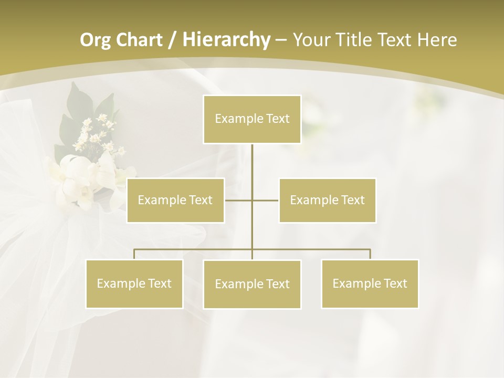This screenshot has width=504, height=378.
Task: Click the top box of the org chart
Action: pyautogui.click(x=252, y=119)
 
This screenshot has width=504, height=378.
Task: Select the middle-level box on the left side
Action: pyautogui.click(x=175, y=200)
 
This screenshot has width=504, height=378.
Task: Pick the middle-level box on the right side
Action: pyautogui.click(x=327, y=200)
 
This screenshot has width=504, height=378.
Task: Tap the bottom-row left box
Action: pyautogui.click(x=134, y=283)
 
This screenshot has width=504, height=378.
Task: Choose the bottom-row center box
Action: pyautogui.click(x=252, y=284)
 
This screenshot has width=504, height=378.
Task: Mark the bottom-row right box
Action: pyautogui.click(x=370, y=283)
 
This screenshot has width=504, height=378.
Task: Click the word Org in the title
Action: pyautogui.click(x=94, y=40)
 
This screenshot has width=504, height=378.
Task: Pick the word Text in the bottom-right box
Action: pyautogui.click(x=395, y=283)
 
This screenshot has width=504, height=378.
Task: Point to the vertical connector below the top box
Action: pyautogui.click(x=252, y=168)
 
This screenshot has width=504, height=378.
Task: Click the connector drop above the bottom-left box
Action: pyautogui.click(x=134, y=254)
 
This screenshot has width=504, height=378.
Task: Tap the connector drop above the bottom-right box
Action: pyautogui.click(x=370, y=254)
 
